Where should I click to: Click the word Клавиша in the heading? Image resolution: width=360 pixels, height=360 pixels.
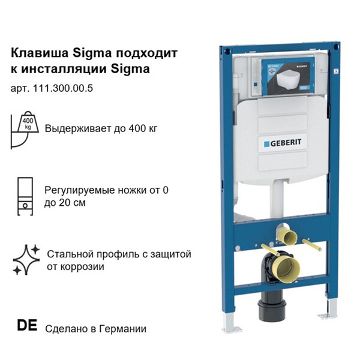coord(40,53)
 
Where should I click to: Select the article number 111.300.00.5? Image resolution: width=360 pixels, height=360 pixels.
coord(63,88)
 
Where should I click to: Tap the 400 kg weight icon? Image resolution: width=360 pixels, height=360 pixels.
coord(25,130)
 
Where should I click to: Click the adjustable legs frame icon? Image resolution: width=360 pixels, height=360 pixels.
coord(25,196)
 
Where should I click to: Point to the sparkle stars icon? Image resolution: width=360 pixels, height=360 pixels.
coord(26,260)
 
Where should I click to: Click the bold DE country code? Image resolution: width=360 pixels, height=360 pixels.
coord(27,325)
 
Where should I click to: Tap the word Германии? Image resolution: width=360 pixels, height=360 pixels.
coord(123,329)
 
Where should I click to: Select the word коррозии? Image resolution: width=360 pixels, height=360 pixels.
coord(76,267)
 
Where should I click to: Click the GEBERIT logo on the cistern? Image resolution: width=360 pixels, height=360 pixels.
coord(283,143)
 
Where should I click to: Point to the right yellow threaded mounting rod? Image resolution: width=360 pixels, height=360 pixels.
coord(311,245)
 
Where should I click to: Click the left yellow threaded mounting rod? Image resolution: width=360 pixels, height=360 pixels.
coord(270,250)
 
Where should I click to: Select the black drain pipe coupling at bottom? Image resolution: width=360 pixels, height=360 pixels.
coord(272,309)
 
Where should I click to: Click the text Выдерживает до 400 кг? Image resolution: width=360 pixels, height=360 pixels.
coord(101,128)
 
